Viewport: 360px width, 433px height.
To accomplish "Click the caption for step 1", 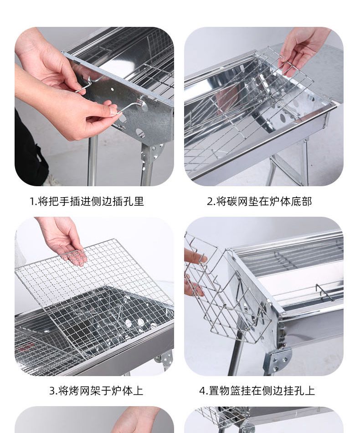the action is pyautogui.click(x=87, y=201).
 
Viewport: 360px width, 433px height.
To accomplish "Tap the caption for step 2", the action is pyautogui.click(x=259, y=201).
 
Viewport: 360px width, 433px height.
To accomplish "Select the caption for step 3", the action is pyautogui.click(x=96, y=391).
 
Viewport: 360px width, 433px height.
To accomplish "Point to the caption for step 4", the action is pyautogui.click(x=257, y=391).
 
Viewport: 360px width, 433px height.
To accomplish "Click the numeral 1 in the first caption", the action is pyautogui.click(x=32, y=202).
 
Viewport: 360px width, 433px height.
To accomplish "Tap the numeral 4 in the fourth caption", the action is pyautogui.click(x=202, y=391).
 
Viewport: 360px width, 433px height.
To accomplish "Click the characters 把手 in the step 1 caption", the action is pyautogui.click(x=59, y=201).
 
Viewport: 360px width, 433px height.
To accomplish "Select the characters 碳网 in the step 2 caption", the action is pyautogui.click(x=237, y=201).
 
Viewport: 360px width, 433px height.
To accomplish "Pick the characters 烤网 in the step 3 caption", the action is pyautogui.click(x=79, y=391).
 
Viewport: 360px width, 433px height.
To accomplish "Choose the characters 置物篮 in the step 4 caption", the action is pyautogui.click(x=225, y=391).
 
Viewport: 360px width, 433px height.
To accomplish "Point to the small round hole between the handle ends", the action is pyautogui.click(x=113, y=90).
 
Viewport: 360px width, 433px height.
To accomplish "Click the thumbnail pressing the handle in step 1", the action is pyautogui.click(x=113, y=111).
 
